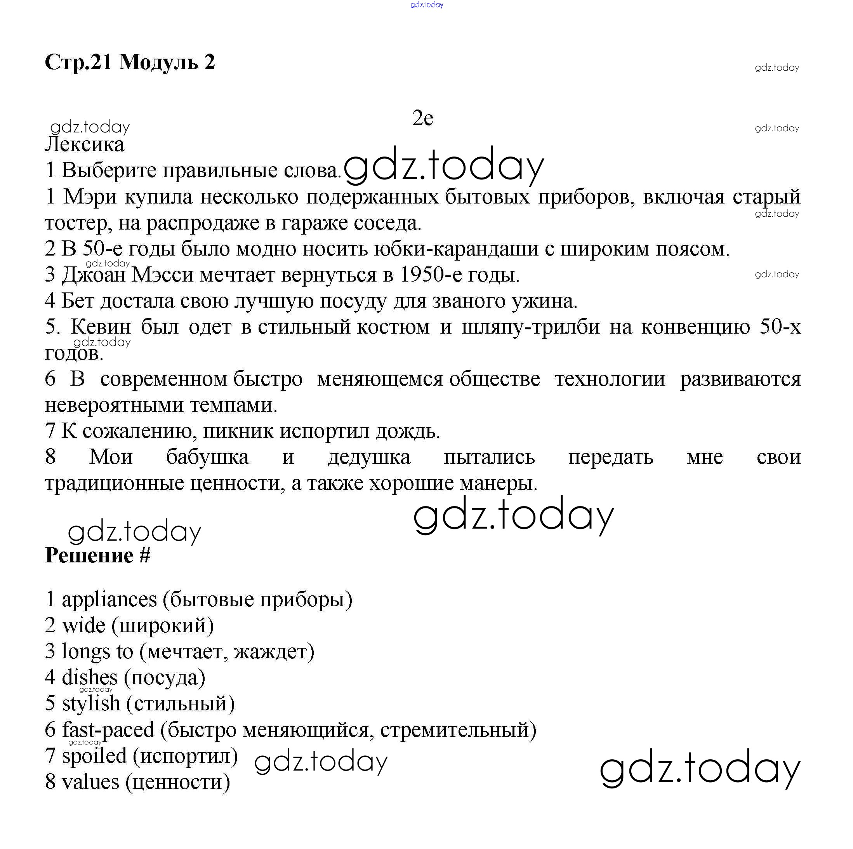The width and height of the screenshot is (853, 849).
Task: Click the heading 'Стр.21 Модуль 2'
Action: [x=130, y=62]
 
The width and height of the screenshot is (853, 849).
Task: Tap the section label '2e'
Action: [x=422, y=118]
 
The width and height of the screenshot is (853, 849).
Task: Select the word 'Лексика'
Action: [x=85, y=144]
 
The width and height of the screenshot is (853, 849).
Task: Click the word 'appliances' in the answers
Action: [x=109, y=599]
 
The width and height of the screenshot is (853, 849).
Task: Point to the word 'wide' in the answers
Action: [x=83, y=625]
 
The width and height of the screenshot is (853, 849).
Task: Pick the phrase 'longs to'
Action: [x=97, y=652]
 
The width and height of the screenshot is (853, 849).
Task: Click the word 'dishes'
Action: [x=90, y=677]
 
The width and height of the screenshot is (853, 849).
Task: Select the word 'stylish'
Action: [x=91, y=703]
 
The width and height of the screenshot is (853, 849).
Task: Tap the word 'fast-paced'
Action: [x=108, y=729]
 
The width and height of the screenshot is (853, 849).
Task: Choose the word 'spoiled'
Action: [x=94, y=755]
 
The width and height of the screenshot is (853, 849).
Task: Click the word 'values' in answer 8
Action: [x=90, y=781]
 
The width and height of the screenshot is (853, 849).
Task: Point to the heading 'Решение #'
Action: [x=97, y=555]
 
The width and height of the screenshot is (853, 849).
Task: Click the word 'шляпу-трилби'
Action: [x=531, y=327]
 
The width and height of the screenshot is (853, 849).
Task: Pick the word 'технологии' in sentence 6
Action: [x=609, y=379]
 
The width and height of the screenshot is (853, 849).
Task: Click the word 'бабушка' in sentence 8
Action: [x=207, y=457]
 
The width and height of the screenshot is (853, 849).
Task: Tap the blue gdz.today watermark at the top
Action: [x=426, y=5]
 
